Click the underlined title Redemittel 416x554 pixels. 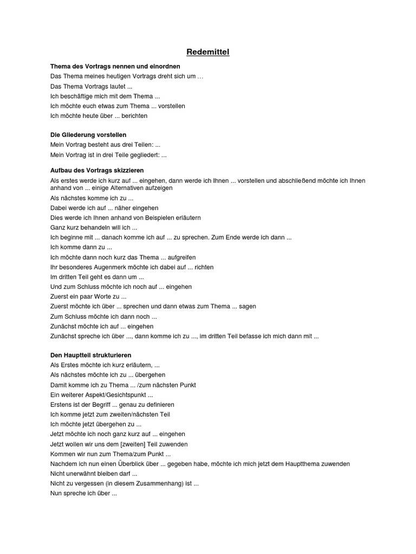(207, 52)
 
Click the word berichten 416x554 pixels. (134, 116)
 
